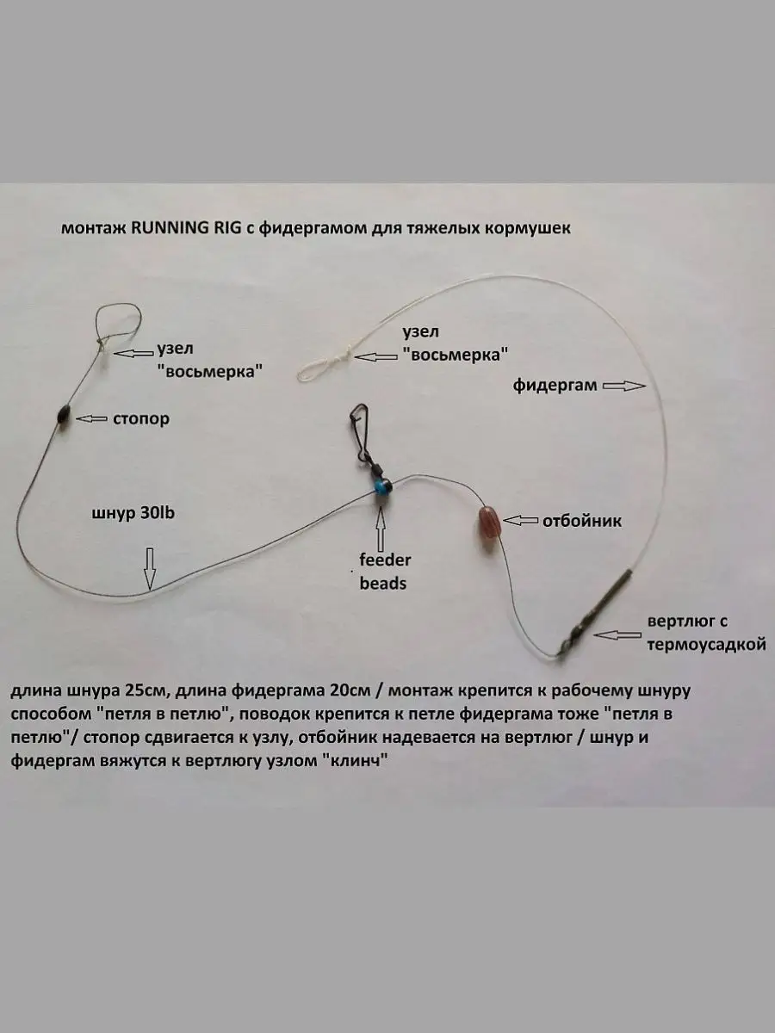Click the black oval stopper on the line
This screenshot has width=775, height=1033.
tap(63, 416)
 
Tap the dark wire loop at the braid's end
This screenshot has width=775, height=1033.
tap(118, 320)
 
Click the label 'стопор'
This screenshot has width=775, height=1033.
tap(140, 418)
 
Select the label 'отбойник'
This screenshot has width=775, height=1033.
tap(582, 521)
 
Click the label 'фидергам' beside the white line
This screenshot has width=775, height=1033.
tap(555, 386)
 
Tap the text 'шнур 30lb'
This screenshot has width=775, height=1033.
tap(133, 512)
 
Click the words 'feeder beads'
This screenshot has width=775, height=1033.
tap(385, 572)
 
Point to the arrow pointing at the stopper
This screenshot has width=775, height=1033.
tap(90, 418)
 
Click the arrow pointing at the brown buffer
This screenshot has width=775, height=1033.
tap(520, 520)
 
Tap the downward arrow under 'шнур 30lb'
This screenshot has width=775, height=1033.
tap(150, 568)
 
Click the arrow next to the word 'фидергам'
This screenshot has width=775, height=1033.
tap(623, 387)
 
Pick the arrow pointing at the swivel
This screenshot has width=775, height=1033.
tap(617, 634)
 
